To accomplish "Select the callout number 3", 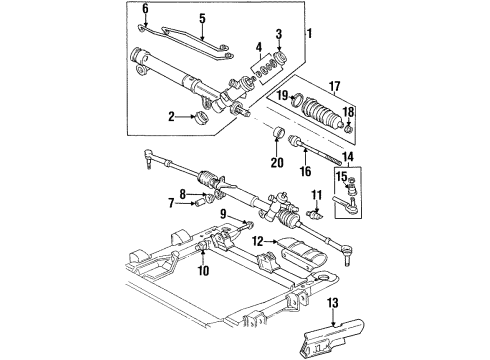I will click(x=279, y=35).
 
